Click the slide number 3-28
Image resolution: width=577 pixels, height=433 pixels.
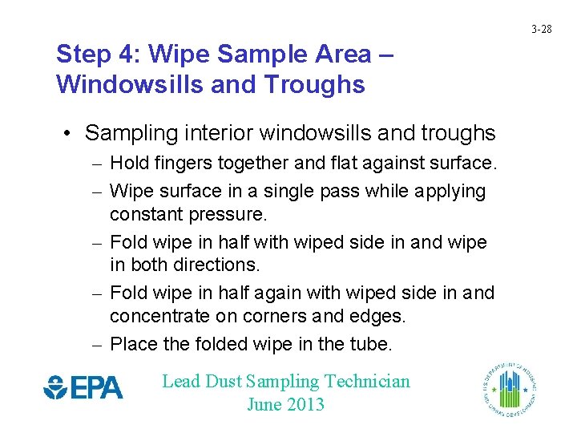click(542, 30)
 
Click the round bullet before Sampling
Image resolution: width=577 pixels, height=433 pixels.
click(70, 133)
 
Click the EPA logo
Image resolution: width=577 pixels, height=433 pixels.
click(83, 388)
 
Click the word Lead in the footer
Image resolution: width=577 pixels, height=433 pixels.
click(180, 382)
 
